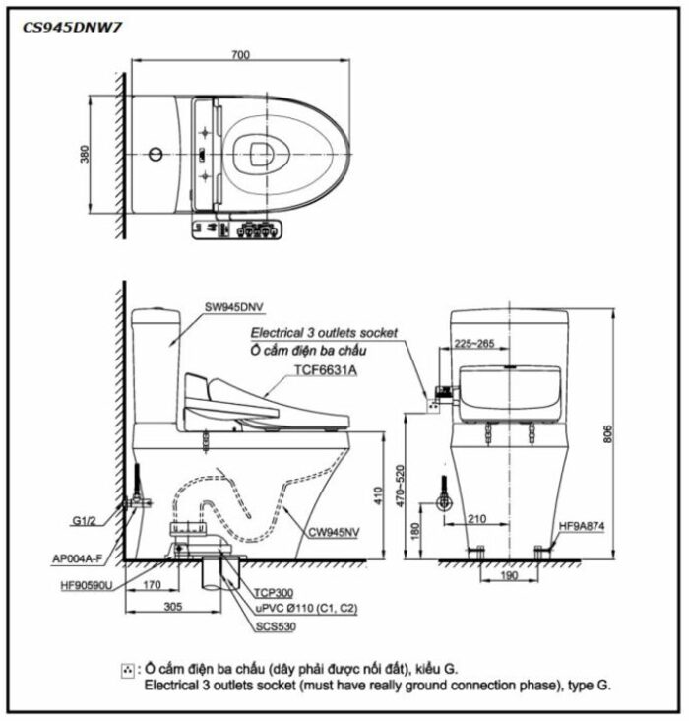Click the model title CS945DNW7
point(72,28)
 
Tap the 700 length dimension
point(240,55)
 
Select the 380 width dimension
point(85,154)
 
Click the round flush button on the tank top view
point(156,154)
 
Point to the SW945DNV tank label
point(234,307)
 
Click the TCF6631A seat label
point(326,370)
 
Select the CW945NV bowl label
point(334,533)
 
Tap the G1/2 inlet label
point(84,521)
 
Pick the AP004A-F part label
point(77,559)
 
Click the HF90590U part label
point(87,586)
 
